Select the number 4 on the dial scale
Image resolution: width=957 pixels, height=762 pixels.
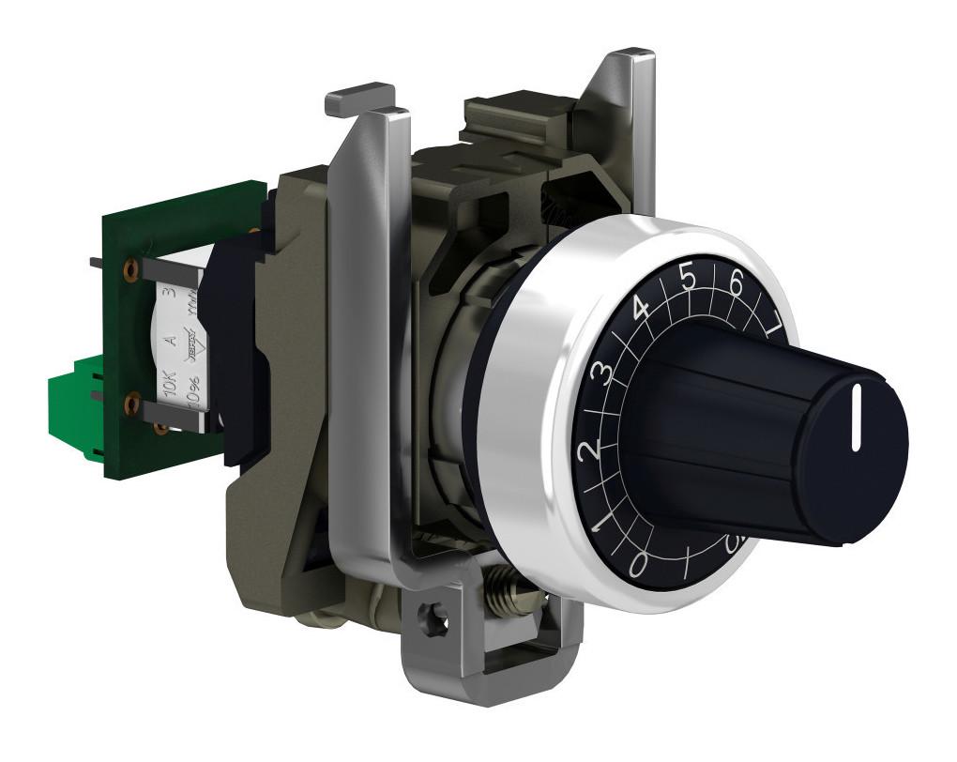642,308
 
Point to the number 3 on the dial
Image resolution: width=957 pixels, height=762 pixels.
606,373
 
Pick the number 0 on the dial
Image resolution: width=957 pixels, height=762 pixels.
639,563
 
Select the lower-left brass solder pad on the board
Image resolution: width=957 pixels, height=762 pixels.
131,406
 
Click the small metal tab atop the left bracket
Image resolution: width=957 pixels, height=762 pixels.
359,99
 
